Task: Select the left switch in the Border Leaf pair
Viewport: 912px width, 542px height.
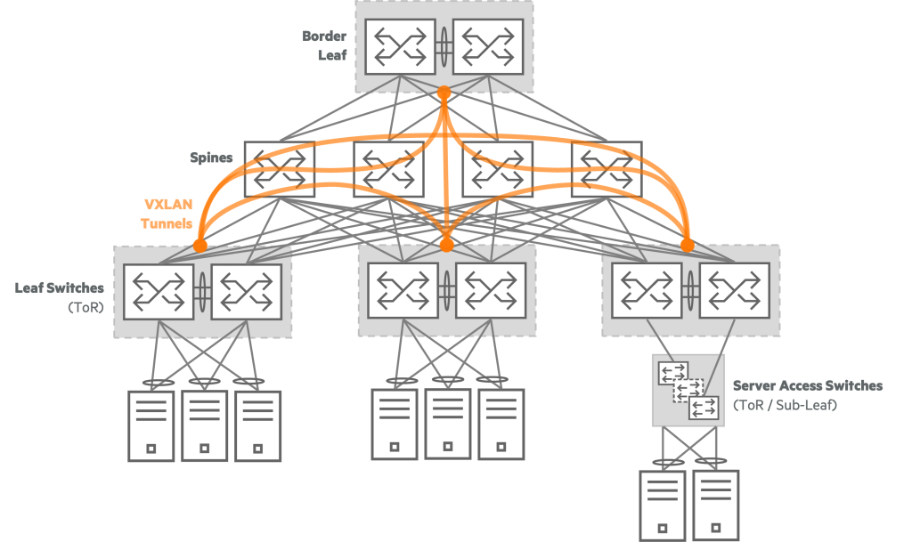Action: click(400, 46)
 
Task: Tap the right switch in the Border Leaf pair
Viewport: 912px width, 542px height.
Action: click(488, 46)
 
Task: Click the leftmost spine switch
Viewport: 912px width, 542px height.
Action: click(279, 168)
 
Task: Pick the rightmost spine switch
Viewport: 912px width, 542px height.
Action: click(606, 168)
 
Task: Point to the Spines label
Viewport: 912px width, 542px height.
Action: click(210, 158)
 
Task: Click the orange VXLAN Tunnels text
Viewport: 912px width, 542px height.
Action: click(167, 214)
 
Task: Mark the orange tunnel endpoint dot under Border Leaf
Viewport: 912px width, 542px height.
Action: click(444, 92)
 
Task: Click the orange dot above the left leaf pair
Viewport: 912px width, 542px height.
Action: click(200, 244)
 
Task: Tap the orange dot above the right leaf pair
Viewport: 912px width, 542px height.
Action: click(687, 244)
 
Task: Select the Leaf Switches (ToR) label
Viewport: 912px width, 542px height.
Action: click(60, 296)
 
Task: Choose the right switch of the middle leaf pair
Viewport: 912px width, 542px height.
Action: click(491, 290)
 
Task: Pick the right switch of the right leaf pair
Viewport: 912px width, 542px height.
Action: click(734, 290)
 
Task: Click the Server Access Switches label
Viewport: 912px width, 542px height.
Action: click(807, 394)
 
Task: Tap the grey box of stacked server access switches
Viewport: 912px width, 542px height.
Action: click(688, 390)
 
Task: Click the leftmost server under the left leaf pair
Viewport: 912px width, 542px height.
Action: click(151, 425)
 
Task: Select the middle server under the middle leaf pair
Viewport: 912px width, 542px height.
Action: click(447, 424)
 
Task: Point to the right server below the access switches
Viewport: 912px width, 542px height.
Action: click(716, 505)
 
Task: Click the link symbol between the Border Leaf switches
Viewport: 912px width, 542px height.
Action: click(444, 45)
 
